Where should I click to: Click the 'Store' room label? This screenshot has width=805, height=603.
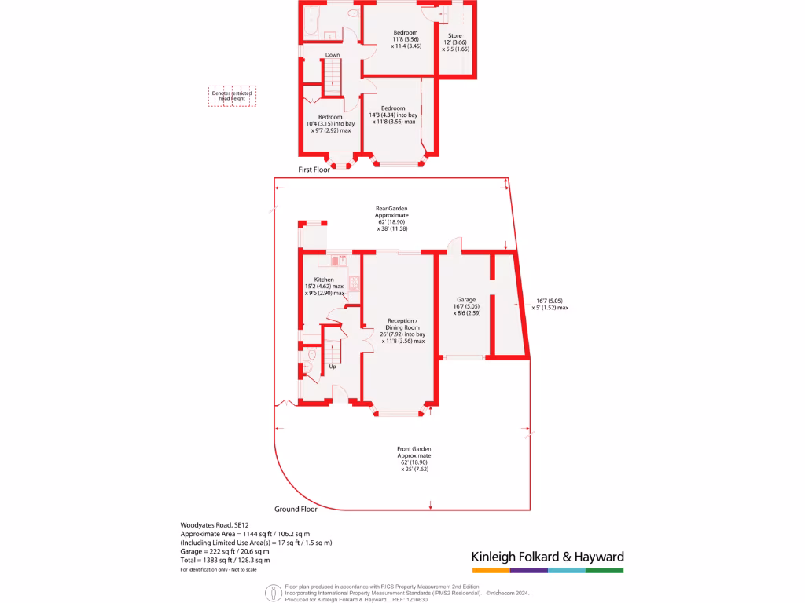click(454, 36)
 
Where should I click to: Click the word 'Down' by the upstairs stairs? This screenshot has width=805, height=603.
click(333, 54)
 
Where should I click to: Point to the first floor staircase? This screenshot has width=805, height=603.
click(333, 77)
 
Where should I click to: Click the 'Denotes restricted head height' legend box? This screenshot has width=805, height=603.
click(231, 96)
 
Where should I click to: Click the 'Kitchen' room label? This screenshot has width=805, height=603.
click(324, 280)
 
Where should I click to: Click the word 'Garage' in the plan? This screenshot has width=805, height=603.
click(467, 300)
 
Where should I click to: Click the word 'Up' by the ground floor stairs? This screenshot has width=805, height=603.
click(333, 367)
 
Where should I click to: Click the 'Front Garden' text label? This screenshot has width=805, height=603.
click(414, 448)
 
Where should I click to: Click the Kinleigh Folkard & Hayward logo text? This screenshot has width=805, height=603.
click(546, 557)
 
